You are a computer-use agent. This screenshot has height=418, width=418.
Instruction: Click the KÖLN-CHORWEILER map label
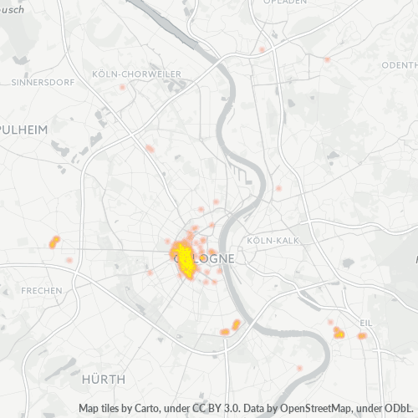coord(138,74)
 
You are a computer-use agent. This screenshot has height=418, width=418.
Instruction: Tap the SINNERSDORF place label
coord(43,83)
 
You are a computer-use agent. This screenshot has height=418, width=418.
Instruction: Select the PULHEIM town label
coord(25,131)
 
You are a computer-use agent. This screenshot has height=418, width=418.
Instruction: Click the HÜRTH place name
coord(103,379)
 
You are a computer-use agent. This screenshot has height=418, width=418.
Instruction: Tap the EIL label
coord(366,322)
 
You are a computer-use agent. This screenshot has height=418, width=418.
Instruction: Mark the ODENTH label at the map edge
coord(399,65)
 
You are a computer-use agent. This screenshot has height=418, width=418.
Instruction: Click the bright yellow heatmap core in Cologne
coord(186,261)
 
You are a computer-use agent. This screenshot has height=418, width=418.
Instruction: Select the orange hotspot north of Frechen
coord(54,242)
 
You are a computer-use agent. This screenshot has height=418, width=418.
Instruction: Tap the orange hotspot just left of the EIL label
coord(339,333)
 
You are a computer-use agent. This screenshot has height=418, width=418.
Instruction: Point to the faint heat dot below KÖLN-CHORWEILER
coord(122,86)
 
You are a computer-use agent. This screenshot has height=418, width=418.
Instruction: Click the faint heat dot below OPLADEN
coord(262,49)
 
